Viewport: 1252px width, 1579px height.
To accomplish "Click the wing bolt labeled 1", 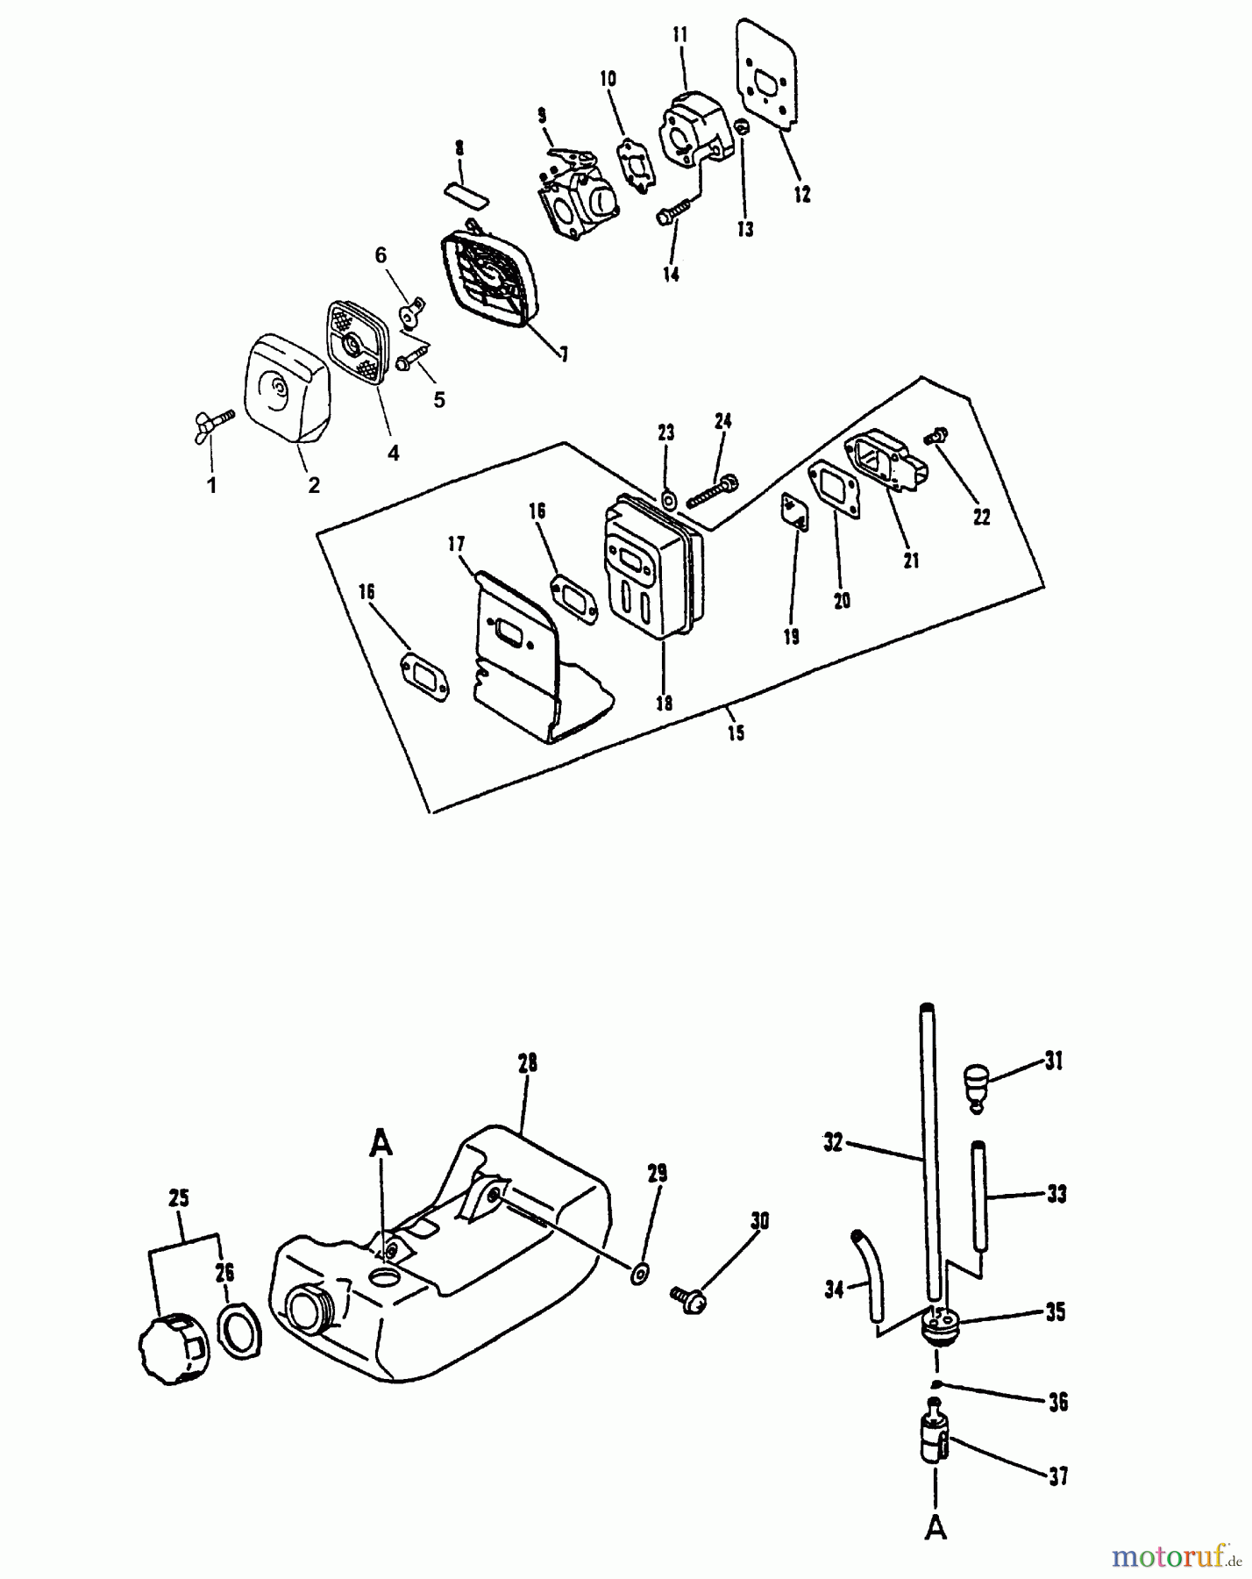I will [213, 425].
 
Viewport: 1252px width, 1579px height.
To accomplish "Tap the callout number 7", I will [564, 354].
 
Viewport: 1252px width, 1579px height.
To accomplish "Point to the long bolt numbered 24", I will [712, 491].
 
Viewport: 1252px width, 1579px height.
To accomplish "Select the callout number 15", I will [736, 732].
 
